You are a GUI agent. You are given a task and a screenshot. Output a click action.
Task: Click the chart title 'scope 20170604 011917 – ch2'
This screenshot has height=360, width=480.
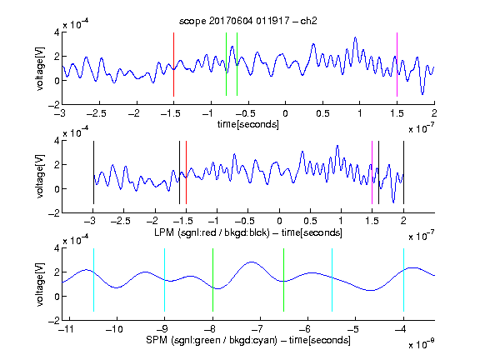click(248, 21)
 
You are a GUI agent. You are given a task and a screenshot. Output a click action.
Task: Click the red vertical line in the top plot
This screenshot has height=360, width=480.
click(173, 64)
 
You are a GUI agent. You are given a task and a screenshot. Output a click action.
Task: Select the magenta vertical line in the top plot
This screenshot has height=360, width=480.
click(397, 64)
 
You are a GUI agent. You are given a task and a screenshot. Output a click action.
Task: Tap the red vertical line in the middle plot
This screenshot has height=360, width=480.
click(186, 172)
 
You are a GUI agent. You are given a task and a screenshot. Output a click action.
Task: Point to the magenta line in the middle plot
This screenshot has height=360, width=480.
click(372, 172)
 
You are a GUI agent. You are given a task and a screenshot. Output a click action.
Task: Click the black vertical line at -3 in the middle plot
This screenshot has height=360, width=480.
click(93, 172)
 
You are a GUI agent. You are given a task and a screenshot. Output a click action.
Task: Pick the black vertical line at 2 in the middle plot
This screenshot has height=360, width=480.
click(403, 172)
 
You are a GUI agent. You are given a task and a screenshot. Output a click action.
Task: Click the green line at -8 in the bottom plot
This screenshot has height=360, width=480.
click(212, 280)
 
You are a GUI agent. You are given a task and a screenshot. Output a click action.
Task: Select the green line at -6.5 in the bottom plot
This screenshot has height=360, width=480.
click(284, 280)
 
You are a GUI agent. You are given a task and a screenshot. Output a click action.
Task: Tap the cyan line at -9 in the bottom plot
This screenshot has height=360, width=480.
click(165, 280)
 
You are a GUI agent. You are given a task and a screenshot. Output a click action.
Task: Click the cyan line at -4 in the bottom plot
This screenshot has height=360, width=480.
click(403, 280)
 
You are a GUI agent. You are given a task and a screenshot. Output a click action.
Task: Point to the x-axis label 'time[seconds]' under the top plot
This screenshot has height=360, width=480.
click(248, 124)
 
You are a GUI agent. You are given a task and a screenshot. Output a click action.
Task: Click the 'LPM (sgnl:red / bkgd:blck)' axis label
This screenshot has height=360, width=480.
click(212, 232)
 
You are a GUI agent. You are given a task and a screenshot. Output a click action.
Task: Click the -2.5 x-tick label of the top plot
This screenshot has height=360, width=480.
click(97, 113)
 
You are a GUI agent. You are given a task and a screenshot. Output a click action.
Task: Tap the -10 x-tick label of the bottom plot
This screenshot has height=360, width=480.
click(114, 329)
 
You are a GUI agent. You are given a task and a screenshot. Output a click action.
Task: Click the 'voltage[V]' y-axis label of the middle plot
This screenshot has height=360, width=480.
click(40, 177)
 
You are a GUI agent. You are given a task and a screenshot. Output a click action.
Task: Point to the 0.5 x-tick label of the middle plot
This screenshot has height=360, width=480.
click(310, 221)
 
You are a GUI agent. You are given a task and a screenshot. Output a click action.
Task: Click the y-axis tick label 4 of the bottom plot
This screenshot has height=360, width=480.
click(57, 248)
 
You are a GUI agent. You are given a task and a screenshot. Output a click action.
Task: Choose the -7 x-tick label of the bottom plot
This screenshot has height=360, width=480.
click(257, 329)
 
